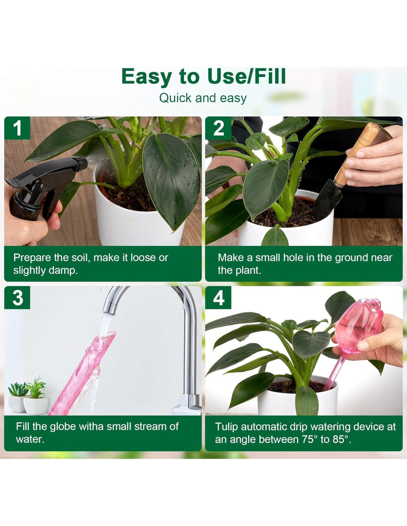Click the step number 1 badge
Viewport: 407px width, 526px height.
coord(17,128)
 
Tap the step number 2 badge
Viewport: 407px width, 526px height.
coord(218,128)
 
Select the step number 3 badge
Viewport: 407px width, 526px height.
coord(17,297)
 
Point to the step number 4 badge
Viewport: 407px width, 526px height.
coord(218,297)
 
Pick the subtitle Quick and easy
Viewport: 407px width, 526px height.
coord(203,98)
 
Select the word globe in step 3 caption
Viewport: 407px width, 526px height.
coord(63,426)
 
